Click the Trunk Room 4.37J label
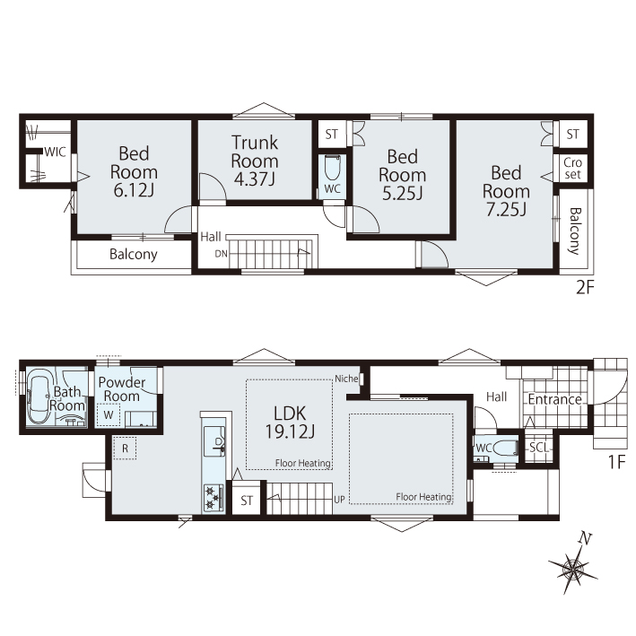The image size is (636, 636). (255, 161)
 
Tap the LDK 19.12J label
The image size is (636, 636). (290, 423)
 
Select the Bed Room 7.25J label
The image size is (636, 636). (506, 191)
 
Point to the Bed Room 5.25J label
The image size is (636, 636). (403, 175)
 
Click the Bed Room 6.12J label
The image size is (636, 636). (134, 171)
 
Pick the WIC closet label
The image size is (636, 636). (55, 152)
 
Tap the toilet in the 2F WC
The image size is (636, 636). (332, 168)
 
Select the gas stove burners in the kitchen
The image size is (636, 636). (213, 497)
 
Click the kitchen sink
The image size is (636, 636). (214, 441)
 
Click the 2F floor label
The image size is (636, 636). (585, 288)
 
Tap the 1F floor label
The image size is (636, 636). (617, 462)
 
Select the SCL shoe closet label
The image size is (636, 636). (539, 448)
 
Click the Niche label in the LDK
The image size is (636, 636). (346, 379)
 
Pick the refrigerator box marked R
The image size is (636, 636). (125, 449)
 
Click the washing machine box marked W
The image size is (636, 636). (109, 415)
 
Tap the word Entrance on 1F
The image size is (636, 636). (555, 399)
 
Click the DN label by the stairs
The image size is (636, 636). (221, 254)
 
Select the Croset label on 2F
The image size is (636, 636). (572, 169)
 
